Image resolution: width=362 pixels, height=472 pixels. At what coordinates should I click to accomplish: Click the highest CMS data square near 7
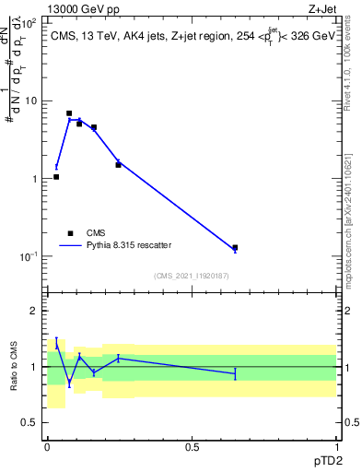click(x=69, y=113)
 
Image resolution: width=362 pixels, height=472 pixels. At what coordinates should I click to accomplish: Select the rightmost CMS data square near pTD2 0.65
click(x=235, y=248)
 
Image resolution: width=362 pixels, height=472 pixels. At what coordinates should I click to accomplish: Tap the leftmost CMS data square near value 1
click(x=56, y=176)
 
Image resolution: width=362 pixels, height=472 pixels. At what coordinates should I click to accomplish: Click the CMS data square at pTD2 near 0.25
click(x=118, y=165)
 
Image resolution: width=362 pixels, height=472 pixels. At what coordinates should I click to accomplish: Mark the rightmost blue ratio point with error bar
click(x=235, y=373)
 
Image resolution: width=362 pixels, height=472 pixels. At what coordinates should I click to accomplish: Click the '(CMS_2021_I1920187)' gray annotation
click(x=192, y=276)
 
